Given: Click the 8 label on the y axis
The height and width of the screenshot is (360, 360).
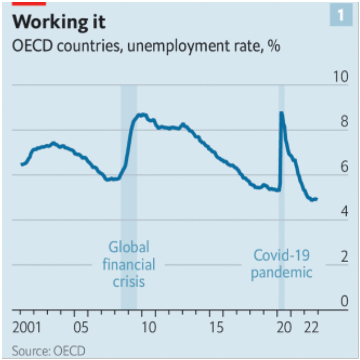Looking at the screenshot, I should (x=344, y=122).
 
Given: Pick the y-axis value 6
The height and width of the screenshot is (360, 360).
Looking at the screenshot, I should (x=344, y=167).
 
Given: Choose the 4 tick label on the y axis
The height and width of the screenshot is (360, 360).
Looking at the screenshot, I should (x=344, y=211).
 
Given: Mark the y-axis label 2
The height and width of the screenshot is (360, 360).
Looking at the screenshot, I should (x=344, y=257).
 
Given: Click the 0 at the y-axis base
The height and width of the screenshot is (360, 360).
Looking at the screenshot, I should (x=344, y=301).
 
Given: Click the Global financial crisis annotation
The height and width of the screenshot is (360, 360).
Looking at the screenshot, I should (x=128, y=264).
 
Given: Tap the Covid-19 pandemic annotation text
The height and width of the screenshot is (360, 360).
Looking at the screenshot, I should (x=281, y=264).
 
